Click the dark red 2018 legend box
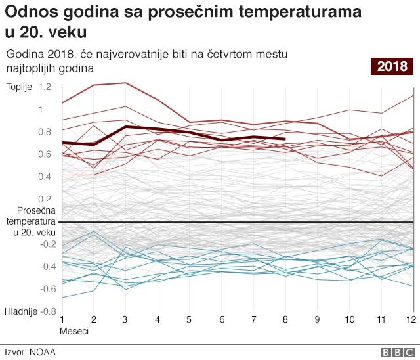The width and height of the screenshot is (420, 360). pyautogui.click(x=392, y=66)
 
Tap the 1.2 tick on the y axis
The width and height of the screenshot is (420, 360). pyautogui.click(x=45, y=87)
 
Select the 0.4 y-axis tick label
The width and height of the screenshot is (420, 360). pyautogui.click(x=45, y=177)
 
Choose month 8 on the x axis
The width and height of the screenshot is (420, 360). pyautogui.click(x=284, y=319)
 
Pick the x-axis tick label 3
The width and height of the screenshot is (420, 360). pyautogui.click(x=125, y=319)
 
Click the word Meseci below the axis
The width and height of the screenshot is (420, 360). pyautogui.click(x=74, y=331)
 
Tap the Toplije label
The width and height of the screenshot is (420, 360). pyautogui.click(x=18, y=87)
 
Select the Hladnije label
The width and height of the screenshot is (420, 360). pyautogui.click(x=21, y=311)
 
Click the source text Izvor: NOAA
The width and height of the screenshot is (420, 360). pyautogui.click(x=30, y=351)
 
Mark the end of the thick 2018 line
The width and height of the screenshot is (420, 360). pyautogui.click(x=285, y=139)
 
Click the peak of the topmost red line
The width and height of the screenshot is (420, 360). pyautogui.click(x=125, y=83)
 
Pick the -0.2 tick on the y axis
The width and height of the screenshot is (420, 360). pyautogui.click(x=45, y=244)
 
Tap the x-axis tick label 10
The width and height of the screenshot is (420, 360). pyautogui.click(x=349, y=319)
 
